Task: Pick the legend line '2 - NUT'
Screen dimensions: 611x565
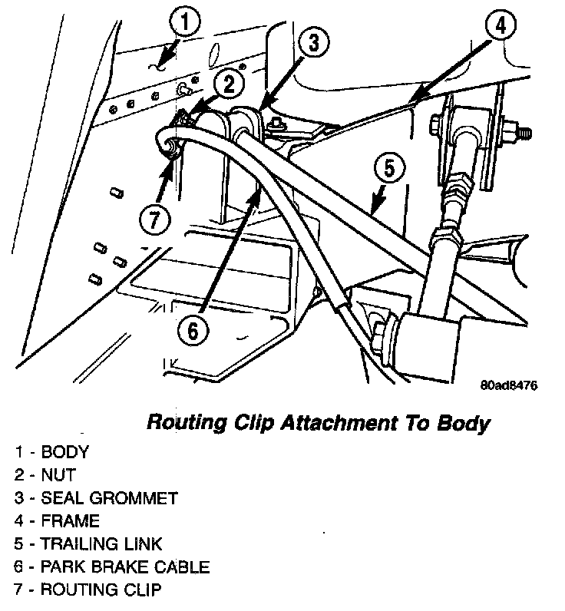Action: pos(45,475)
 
